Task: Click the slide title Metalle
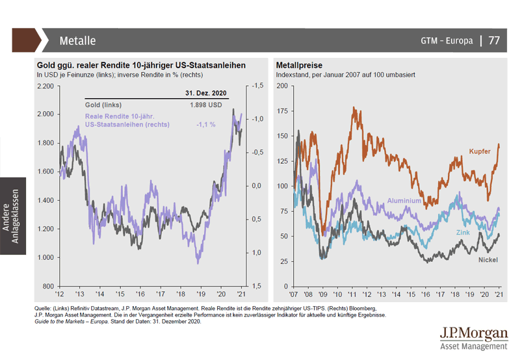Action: [77, 40]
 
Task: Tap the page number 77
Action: [494, 40]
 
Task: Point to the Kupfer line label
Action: [479, 151]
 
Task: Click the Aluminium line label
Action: [404, 201]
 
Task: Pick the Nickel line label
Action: [488, 260]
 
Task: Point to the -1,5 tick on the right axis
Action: [257, 86]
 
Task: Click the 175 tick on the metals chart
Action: [282, 111]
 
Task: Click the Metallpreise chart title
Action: [299, 66]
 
